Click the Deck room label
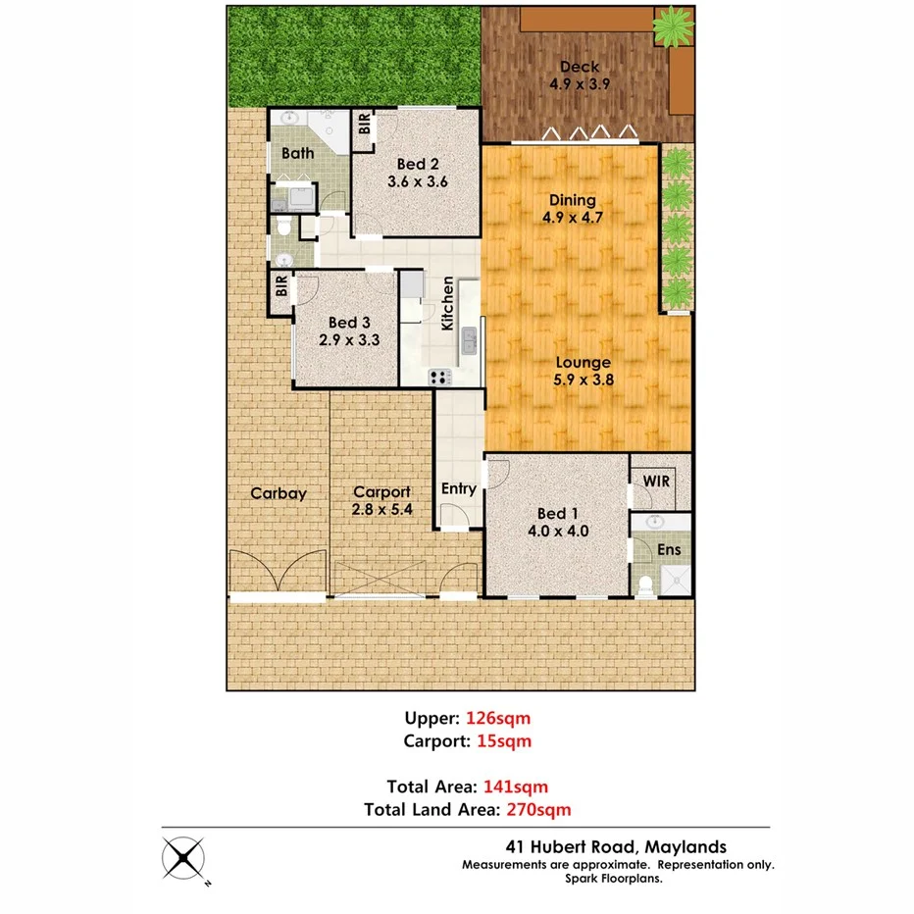click(x=580, y=67)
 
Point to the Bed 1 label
click(x=552, y=513)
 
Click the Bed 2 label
click(x=416, y=164)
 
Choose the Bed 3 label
click(x=348, y=322)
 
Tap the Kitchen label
click(x=447, y=303)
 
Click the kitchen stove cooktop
click(x=438, y=377)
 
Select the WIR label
click(x=656, y=482)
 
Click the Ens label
click(x=669, y=549)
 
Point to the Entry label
click(x=459, y=488)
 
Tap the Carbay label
click(x=278, y=493)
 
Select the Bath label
click(x=298, y=153)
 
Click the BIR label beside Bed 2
click(x=365, y=125)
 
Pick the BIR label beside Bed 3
click(x=281, y=287)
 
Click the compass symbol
click(x=185, y=860)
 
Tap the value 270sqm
click(x=537, y=809)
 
